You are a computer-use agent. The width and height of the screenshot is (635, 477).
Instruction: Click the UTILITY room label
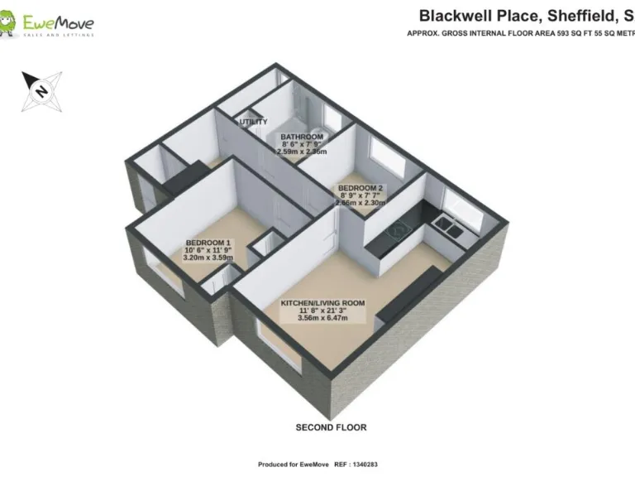coord(253,123)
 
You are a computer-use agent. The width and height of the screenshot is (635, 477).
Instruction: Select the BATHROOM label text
coord(302,137)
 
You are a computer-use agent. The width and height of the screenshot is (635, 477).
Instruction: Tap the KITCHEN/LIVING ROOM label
coord(322,303)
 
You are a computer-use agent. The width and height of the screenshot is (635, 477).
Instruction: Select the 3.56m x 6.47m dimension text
coord(322,318)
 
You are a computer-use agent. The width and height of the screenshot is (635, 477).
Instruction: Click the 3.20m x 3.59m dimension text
coord(208,258)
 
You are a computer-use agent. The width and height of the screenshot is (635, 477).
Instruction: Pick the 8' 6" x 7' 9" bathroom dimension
coord(302,144)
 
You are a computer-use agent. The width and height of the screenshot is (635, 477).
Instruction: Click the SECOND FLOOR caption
coord(331,427)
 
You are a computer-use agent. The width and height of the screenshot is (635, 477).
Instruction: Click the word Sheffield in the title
coord(571,16)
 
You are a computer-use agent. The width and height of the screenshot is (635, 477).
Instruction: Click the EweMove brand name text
coord(58,22)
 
